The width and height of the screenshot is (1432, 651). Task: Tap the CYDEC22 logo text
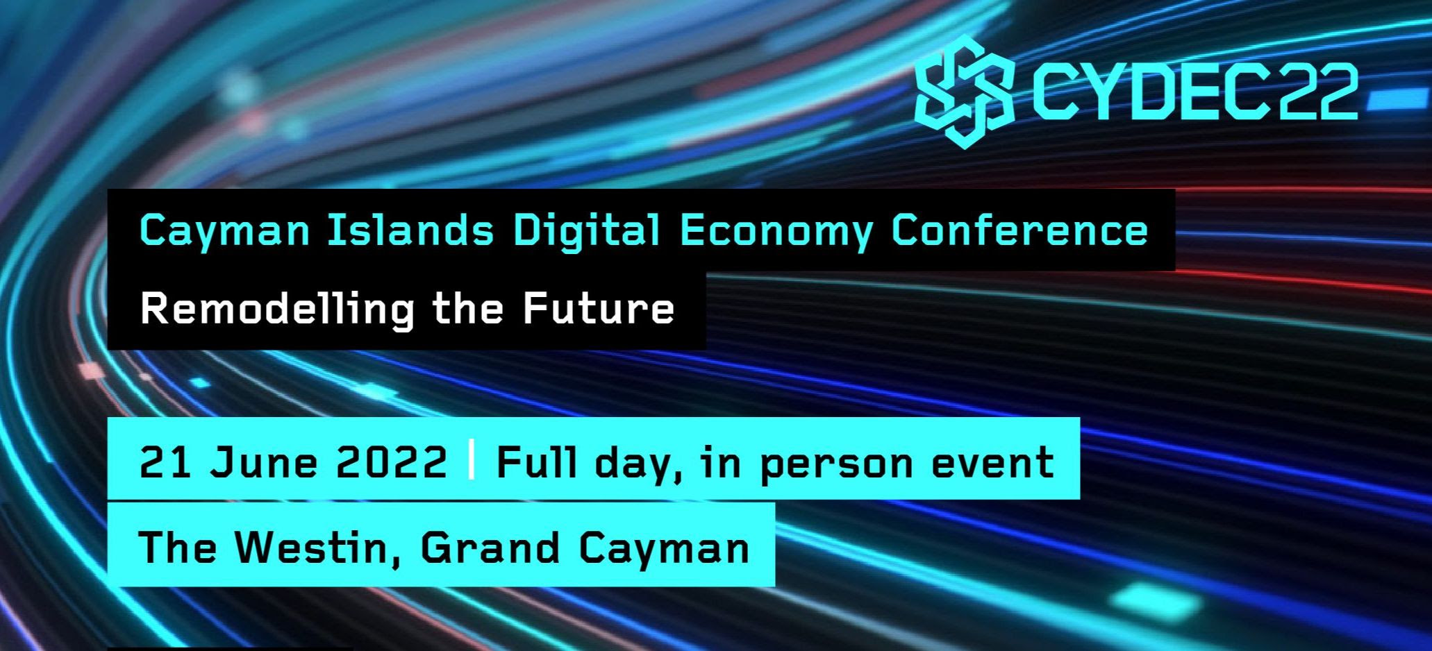tap(1194, 92)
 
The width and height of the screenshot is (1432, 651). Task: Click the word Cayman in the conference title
tap(224, 231)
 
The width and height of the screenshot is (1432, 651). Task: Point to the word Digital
tap(587, 231)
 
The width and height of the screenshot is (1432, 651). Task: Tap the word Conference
tap(1019, 230)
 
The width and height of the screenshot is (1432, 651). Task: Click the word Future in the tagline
tap(598, 309)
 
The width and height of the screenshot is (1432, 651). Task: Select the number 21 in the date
tap(165, 462)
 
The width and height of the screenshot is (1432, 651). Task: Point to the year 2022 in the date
tap(391, 462)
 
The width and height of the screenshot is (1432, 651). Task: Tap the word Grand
tap(490, 547)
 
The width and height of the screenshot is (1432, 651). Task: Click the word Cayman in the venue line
tap(664, 548)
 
